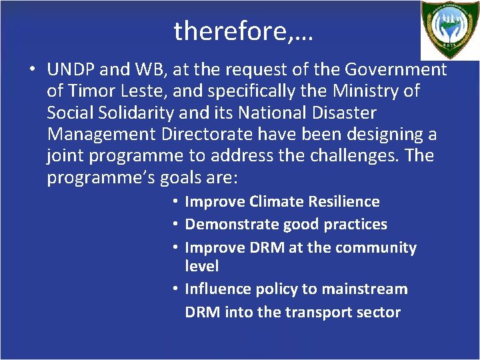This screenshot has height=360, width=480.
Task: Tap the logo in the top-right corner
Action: [450, 30]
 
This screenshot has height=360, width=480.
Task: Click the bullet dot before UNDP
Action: [31, 69]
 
